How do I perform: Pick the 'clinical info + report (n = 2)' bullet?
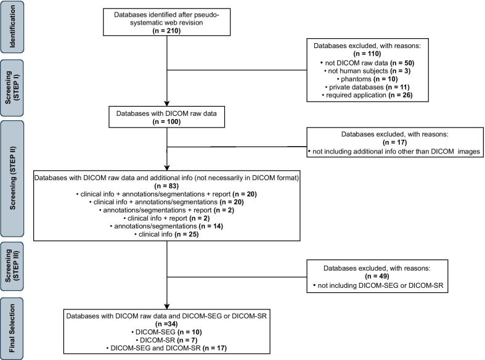point(167,218)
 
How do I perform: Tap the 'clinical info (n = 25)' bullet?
point(167,234)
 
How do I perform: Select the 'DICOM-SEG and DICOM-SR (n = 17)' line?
point(167,347)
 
